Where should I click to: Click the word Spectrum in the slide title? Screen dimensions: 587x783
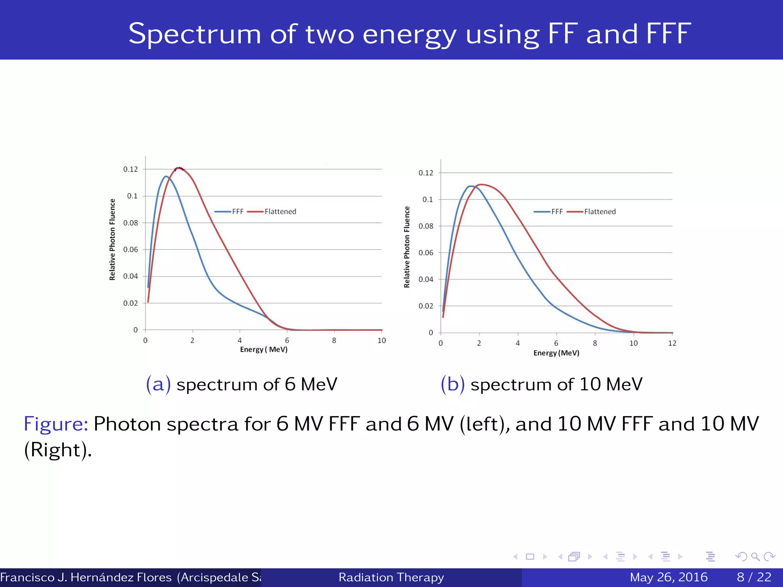pyautogui.click(x=195, y=34)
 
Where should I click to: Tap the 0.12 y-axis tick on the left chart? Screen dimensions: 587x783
pyautogui.click(x=130, y=169)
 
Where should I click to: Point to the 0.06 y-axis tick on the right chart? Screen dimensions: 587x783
pyautogui.click(x=426, y=253)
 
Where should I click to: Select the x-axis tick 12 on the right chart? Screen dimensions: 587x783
pyautogui.click(x=672, y=343)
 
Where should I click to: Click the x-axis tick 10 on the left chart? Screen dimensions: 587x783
pyautogui.click(x=382, y=341)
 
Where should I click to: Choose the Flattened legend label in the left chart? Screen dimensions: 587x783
pyautogui.click(x=280, y=212)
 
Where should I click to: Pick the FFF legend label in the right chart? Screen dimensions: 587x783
pyautogui.click(x=557, y=212)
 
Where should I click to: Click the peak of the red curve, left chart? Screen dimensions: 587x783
pyautogui.click(x=179, y=168)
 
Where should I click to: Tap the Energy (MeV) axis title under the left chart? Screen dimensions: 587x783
pyautogui.click(x=263, y=350)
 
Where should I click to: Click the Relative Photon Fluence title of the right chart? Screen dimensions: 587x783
pyautogui.click(x=407, y=247)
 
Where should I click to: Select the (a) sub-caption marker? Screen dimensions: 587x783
pyautogui.click(x=158, y=384)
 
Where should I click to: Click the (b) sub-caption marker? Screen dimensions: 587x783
pyautogui.click(x=453, y=384)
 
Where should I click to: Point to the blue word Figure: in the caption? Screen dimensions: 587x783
pyautogui.click(x=56, y=424)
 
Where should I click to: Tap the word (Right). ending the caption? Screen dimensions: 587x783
pyautogui.click(x=58, y=450)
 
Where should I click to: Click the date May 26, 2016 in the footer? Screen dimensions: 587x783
pyautogui.click(x=669, y=577)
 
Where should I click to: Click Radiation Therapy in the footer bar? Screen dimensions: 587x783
pyautogui.click(x=391, y=577)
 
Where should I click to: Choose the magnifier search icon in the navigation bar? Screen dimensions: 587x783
pyautogui.click(x=755, y=557)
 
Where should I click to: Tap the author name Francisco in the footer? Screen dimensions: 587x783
pyautogui.click(x=27, y=577)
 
